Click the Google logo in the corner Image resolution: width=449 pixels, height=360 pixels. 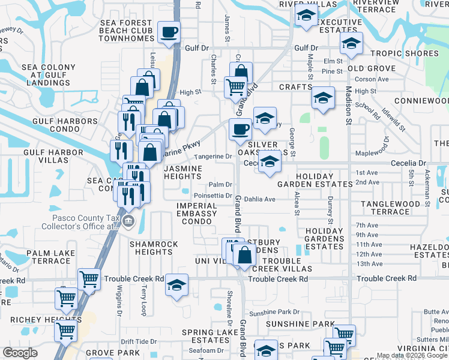point(20,353)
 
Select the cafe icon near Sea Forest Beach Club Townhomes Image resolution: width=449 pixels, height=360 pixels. point(169,31)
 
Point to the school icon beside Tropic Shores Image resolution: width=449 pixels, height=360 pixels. point(351,42)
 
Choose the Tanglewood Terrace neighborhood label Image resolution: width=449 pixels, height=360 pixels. point(394,208)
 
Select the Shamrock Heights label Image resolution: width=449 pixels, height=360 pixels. point(154,248)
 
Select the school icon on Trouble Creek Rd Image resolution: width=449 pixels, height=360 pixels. point(177,284)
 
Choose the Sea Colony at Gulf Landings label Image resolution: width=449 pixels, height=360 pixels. point(49,75)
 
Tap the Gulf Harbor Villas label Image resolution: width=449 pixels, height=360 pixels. point(53,157)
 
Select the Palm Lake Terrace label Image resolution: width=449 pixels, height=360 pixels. point(43,257)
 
